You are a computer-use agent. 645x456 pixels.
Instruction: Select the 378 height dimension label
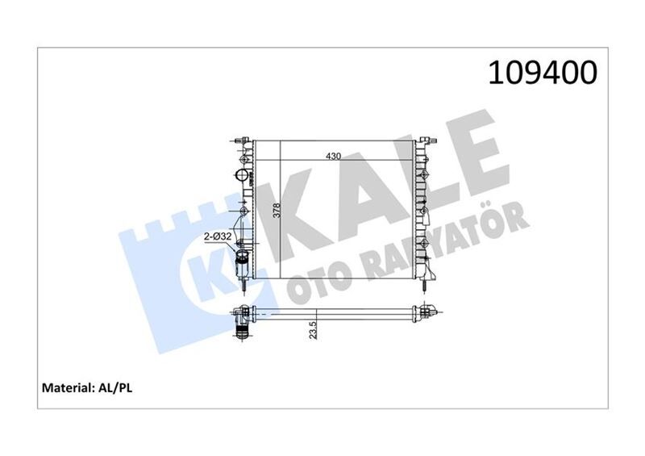point(276,211)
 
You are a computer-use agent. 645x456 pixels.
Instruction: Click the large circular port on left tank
point(241,175)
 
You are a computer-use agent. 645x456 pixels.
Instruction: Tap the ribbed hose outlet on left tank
point(242,263)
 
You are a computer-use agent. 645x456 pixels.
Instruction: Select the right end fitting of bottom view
point(427,312)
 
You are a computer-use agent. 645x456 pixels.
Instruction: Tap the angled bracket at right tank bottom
point(431,270)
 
